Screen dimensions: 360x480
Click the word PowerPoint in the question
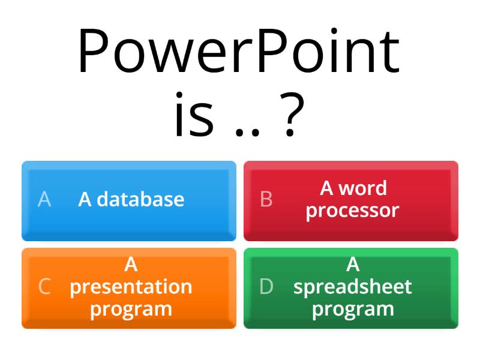pyautogui.click(x=239, y=53)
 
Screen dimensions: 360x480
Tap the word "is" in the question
pyautogui.click(x=194, y=115)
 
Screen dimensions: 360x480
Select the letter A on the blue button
pyautogui.click(x=44, y=199)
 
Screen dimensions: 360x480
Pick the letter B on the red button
pyautogui.click(x=266, y=199)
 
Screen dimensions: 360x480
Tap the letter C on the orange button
pyautogui.click(x=44, y=287)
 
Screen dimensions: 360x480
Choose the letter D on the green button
pyautogui.click(x=266, y=287)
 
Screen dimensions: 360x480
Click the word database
pyautogui.click(x=140, y=199)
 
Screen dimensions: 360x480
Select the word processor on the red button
pyautogui.click(x=352, y=211)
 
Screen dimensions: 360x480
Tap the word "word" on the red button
pyautogui.click(x=362, y=188)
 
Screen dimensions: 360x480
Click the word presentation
pyautogui.click(x=131, y=287)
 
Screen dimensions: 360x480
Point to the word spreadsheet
pyautogui.click(x=353, y=287)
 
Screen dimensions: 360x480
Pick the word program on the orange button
pyautogui.click(x=131, y=309)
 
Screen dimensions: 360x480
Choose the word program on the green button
pyautogui.click(x=353, y=309)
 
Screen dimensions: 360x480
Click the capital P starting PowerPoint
pyautogui.click(x=92, y=53)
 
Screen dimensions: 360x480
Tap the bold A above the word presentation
pyautogui.click(x=131, y=265)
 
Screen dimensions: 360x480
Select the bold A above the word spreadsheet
pyautogui.click(x=353, y=265)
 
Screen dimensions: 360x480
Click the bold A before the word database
pyautogui.click(x=85, y=199)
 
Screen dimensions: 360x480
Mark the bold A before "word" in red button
pyautogui.click(x=327, y=188)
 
